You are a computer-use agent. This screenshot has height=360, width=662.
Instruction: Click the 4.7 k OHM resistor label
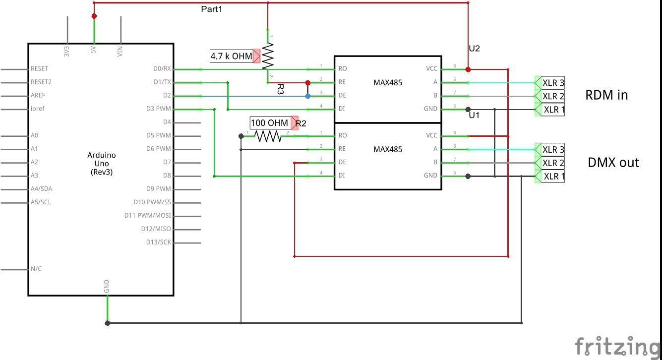(x=231, y=57)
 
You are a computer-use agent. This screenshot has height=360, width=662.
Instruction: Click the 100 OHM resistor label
(x=269, y=123)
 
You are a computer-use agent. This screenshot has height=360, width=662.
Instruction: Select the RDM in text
(x=606, y=95)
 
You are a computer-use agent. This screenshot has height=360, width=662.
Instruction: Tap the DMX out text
(x=613, y=162)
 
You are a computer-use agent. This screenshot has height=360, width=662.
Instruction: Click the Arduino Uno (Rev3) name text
(x=102, y=164)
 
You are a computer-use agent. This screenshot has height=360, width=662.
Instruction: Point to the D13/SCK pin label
(x=158, y=242)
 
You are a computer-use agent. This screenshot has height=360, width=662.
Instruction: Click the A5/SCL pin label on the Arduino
(x=41, y=202)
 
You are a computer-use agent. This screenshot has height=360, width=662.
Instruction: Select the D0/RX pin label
(x=163, y=69)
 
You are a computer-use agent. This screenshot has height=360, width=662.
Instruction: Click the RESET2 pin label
(x=41, y=82)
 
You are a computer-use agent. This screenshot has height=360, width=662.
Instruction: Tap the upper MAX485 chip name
(x=388, y=83)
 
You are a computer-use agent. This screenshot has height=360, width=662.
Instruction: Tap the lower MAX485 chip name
(x=388, y=149)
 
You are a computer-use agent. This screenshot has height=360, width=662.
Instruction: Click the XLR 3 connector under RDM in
(x=552, y=82)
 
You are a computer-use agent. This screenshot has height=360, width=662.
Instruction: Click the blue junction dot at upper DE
(x=307, y=96)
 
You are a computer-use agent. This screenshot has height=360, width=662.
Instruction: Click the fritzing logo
(x=617, y=346)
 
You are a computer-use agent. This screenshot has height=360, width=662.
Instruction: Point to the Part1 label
(x=212, y=9)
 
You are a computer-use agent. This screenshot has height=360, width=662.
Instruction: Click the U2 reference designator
(x=475, y=49)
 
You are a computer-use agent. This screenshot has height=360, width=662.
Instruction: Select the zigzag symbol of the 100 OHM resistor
(x=268, y=136)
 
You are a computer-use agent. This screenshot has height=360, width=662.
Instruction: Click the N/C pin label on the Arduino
(x=36, y=269)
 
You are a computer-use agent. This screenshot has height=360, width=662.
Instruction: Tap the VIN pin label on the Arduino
(x=120, y=51)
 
